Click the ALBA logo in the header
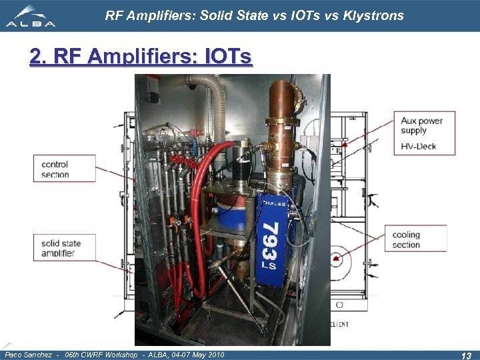[30, 16]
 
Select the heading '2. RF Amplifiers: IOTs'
[141, 57]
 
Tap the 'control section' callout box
[64, 169]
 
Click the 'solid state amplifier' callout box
[64, 248]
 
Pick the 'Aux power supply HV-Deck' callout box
[425, 133]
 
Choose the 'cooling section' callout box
[416, 239]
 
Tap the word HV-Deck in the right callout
[419, 145]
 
